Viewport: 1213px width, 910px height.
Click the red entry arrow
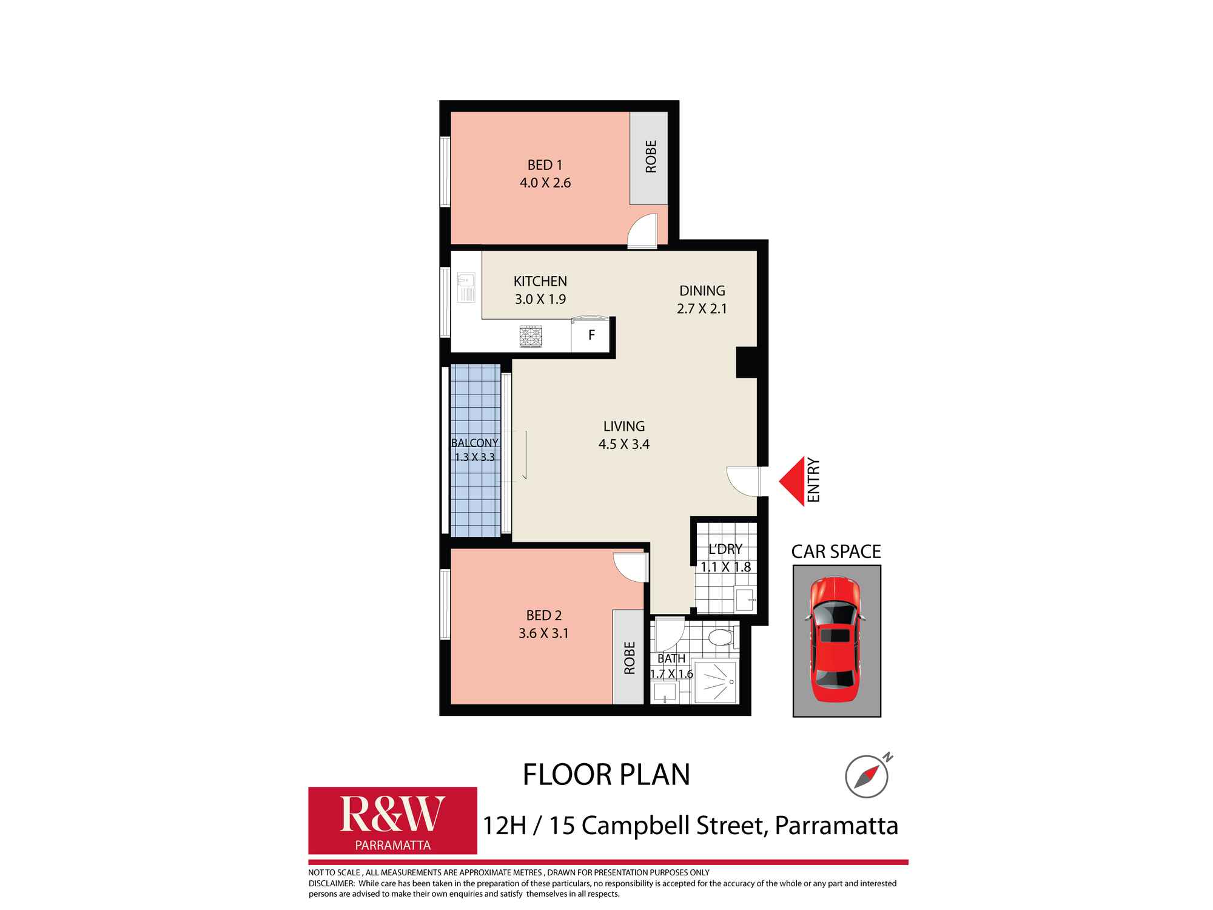pyautogui.click(x=793, y=481)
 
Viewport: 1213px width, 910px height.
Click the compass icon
pyautogui.click(x=867, y=777)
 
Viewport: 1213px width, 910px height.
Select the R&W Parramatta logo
pyautogui.click(x=392, y=821)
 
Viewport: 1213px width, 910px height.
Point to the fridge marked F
pyautogui.click(x=591, y=335)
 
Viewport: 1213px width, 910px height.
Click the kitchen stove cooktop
pyautogui.click(x=531, y=336)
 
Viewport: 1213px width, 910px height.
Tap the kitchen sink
pyautogui.click(x=466, y=288)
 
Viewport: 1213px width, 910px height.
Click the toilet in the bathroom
pyautogui.click(x=721, y=638)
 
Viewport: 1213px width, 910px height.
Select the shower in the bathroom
pyautogui.click(x=716, y=682)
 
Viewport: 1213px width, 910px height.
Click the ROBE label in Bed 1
pyautogui.click(x=651, y=157)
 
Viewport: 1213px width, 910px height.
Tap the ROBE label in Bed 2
pyautogui.click(x=629, y=658)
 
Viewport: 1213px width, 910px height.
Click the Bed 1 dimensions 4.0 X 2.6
pyautogui.click(x=545, y=183)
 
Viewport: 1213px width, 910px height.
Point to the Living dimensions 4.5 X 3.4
pyautogui.click(x=623, y=444)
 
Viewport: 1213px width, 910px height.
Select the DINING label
pyautogui.click(x=702, y=291)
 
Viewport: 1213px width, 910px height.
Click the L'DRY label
pyautogui.click(x=725, y=550)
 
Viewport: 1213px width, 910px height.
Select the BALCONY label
pyautogui.click(x=475, y=443)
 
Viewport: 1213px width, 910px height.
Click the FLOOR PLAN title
pyautogui.click(x=606, y=775)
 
